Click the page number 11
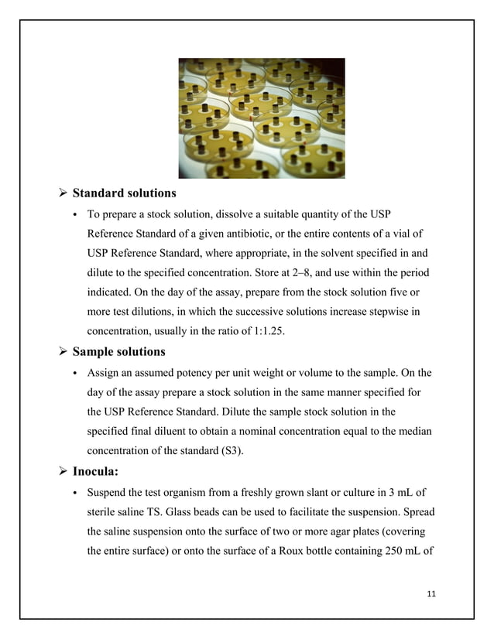(432, 593)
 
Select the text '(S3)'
(231, 452)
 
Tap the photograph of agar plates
(262, 118)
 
